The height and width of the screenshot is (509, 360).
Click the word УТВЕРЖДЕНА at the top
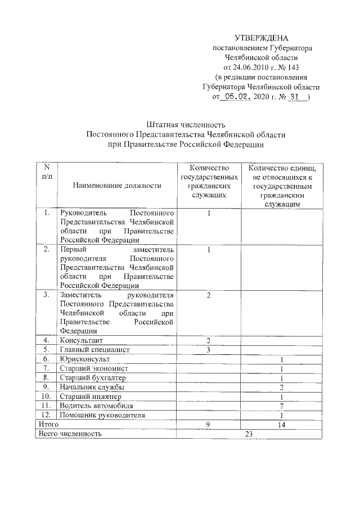[261, 38]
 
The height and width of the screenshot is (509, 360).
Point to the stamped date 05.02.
[237, 96]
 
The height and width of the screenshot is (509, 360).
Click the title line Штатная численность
[186, 125]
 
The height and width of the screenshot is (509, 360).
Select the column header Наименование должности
[116, 185]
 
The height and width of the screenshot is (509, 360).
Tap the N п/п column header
[47, 172]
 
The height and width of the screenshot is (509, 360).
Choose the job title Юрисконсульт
[85, 359]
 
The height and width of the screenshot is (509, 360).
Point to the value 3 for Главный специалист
[208, 350]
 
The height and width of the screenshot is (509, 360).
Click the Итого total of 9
[208, 425]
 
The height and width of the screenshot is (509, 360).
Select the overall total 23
[250, 434]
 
